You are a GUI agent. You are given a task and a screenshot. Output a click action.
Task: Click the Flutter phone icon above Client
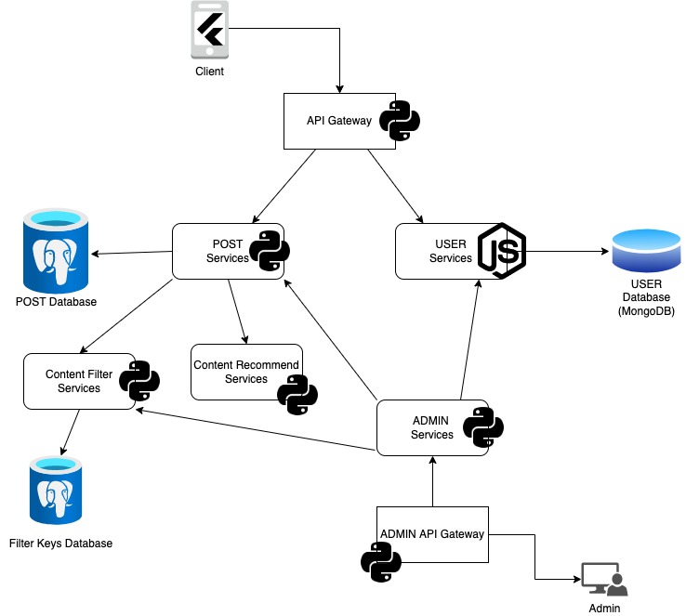click(x=209, y=32)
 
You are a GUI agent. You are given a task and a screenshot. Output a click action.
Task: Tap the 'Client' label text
click(x=209, y=72)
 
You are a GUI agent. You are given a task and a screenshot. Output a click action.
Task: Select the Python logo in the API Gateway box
click(x=400, y=121)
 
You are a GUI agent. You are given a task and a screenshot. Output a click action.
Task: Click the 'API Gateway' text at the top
click(x=339, y=121)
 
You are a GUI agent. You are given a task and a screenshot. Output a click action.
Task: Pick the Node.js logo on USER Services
click(x=502, y=251)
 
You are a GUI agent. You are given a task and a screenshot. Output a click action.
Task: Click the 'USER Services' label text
click(x=450, y=251)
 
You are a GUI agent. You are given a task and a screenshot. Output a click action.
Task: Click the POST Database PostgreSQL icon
click(x=56, y=251)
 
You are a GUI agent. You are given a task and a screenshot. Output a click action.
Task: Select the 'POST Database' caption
click(x=56, y=302)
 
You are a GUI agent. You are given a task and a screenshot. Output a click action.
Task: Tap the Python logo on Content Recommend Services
click(x=297, y=394)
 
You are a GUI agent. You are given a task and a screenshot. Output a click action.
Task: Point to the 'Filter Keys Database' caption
click(x=60, y=543)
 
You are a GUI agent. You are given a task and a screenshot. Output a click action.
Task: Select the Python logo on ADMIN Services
click(x=483, y=427)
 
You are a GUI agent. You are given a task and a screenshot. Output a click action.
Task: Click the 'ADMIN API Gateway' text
click(x=432, y=533)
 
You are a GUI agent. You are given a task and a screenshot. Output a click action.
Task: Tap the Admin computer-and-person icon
click(x=603, y=580)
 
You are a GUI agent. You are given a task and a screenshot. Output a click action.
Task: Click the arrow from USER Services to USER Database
click(x=567, y=251)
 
